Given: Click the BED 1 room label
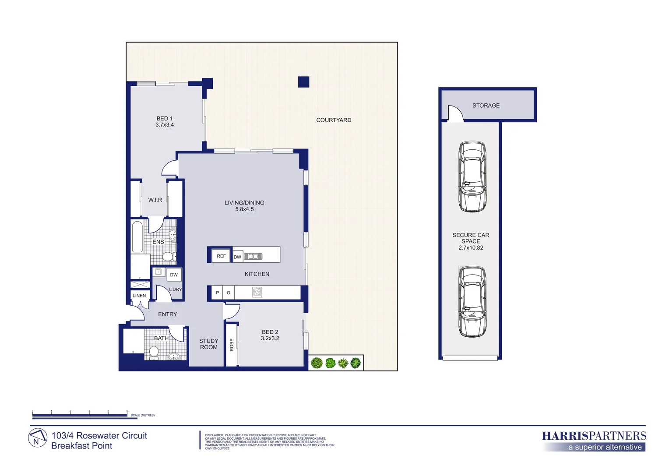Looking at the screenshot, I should (x=165, y=119).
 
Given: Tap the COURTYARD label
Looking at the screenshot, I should (x=334, y=120).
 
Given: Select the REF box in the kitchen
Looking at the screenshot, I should (x=221, y=256).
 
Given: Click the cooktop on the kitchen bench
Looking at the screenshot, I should (x=257, y=292).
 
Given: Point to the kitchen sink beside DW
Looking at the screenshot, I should (x=253, y=257).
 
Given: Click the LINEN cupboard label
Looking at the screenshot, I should (x=139, y=296).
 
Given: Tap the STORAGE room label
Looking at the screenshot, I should (x=486, y=106).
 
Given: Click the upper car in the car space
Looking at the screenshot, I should (x=472, y=176).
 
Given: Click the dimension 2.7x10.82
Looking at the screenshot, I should (x=471, y=248).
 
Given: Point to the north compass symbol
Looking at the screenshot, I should (x=38, y=438).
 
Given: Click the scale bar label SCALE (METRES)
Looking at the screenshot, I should (x=143, y=415).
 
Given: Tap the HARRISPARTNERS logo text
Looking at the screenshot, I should (x=593, y=436).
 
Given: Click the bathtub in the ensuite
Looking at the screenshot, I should (x=137, y=236).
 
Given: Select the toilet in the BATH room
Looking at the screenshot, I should (x=154, y=353).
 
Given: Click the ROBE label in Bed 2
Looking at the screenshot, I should (x=232, y=345).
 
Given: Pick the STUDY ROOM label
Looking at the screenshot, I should (x=208, y=344).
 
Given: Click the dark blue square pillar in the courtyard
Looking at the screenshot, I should (x=303, y=82).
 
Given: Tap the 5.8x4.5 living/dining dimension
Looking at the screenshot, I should (x=244, y=209).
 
